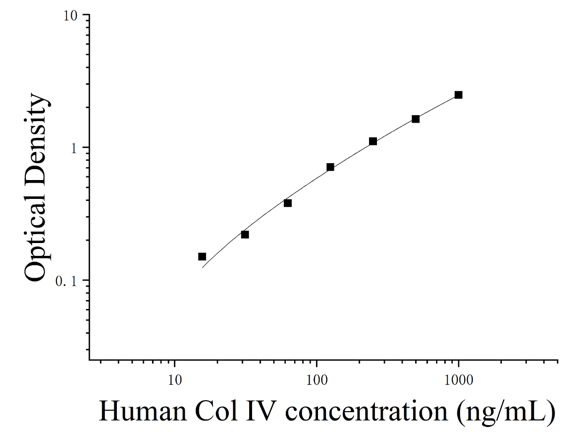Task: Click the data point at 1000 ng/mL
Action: (x=458, y=95)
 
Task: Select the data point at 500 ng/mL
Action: (x=416, y=119)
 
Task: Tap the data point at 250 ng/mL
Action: (x=373, y=141)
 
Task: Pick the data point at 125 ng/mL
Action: (x=330, y=167)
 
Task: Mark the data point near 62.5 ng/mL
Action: (x=288, y=203)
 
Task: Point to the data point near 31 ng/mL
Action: (x=245, y=235)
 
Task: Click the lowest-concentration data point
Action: (x=202, y=257)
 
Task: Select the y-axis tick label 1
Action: (x=73, y=149)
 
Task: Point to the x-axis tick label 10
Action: (x=174, y=380)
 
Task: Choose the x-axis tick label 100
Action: (x=316, y=380)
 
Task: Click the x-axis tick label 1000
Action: (x=459, y=380)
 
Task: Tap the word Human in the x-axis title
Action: (x=143, y=412)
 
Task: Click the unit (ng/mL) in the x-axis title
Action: (x=506, y=412)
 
